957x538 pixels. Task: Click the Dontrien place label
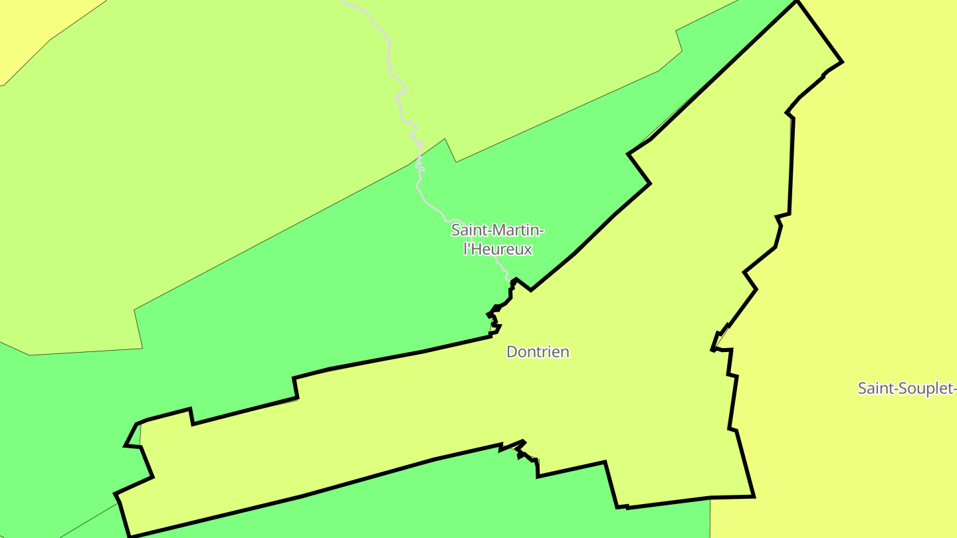[538, 351]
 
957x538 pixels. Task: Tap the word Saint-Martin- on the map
[498, 230]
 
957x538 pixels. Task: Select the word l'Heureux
[498, 250]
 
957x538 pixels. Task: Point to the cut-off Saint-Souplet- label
[906, 388]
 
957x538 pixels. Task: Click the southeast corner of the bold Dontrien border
[753, 496]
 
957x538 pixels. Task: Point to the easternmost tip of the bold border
[842, 62]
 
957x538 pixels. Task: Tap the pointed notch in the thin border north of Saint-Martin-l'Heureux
[445, 140]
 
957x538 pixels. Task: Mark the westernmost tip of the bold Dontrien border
[116, 493]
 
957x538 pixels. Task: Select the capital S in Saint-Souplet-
[862, 388]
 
